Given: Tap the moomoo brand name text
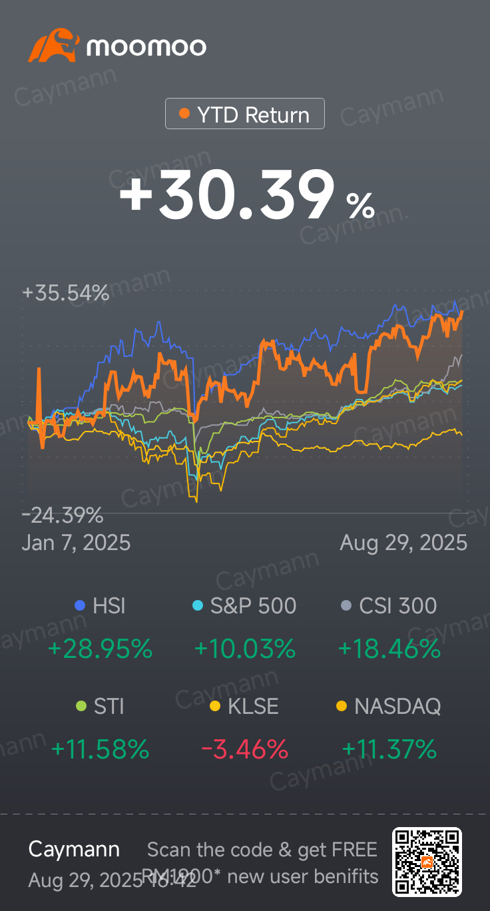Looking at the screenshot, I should point(146,47).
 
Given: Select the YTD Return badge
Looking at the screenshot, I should point(245,114).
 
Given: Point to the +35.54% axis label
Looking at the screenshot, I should point(65,293).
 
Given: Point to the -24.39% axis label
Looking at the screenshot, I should point(63,515).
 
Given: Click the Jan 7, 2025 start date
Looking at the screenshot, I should point(76,543).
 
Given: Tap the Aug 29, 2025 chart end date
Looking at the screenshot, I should point(403,543).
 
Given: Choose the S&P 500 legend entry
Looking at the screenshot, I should point(244,605).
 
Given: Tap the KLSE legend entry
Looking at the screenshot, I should point(244,706).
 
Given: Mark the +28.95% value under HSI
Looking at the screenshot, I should point(100,648).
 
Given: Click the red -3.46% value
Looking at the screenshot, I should point(244,750).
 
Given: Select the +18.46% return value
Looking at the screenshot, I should point(389,648).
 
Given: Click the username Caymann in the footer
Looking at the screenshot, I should point(74,849).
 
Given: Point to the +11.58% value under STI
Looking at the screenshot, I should point(100,750).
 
